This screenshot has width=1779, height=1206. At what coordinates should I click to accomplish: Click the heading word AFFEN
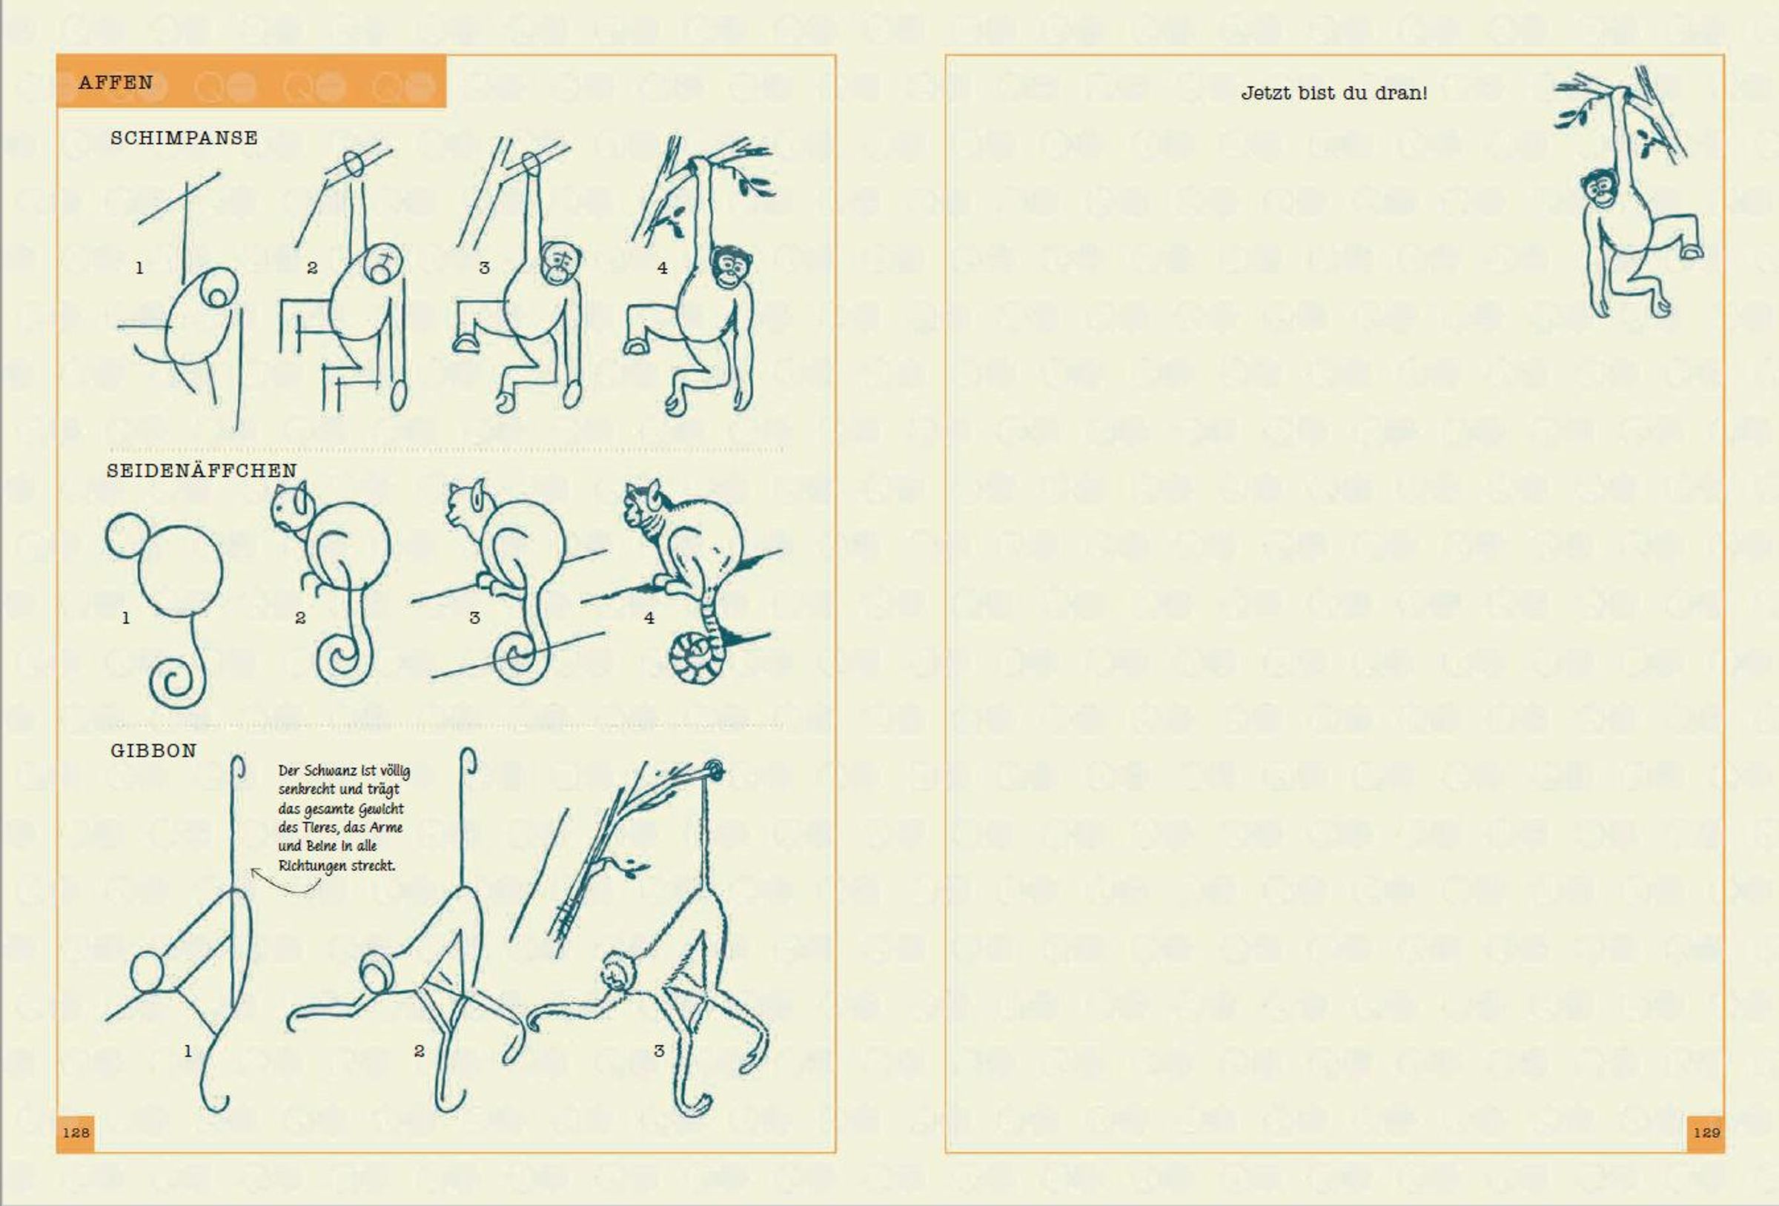pyautogui.click(x=116, y=83)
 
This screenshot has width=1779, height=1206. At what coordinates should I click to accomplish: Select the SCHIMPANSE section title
pyautogui.click(x=185, y=138)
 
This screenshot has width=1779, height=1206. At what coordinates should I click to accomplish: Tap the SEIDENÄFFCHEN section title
pyautogui.click(x=202, y=470)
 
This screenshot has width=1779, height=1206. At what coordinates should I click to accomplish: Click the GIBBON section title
pyautogui.click(x=154, y=750)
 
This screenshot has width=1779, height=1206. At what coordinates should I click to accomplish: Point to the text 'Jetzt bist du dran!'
pyautogui.click(x=1334, y=93)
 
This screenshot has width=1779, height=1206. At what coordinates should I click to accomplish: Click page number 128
pyautogui.click(x=76, y=1133)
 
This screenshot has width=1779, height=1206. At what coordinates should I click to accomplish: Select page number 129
pyautogui.click(x=1707, y=1133)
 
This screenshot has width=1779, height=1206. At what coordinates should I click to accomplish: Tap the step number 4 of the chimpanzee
pyautogui.click(x=662, y=268)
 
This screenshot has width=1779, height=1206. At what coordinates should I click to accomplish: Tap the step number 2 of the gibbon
pyautogui.click(x=419, y=1051)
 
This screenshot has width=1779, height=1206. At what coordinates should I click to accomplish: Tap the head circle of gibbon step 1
pyautogui.click(x=148, y=973)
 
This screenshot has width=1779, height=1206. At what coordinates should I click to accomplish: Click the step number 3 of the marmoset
pyautogui.click(x=474, y=618)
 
